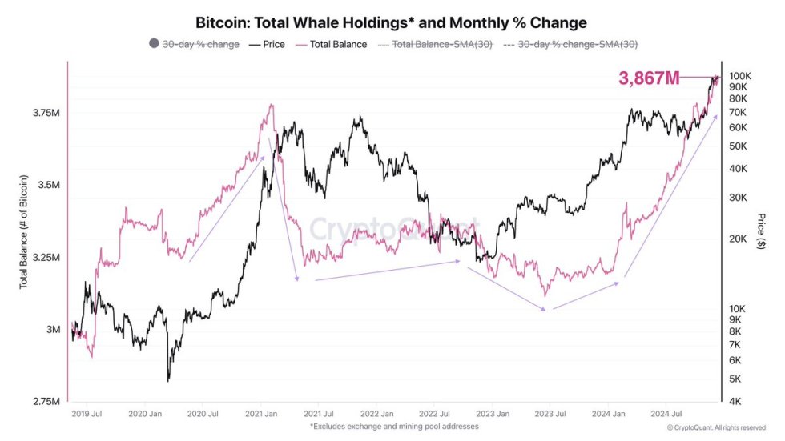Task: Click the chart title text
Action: pos(392,23)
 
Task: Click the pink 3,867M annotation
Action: pos(649,78)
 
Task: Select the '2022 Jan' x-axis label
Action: pos(376,415)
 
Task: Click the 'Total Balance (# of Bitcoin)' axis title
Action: pos(23,231)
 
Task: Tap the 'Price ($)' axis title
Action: pos(760,231)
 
